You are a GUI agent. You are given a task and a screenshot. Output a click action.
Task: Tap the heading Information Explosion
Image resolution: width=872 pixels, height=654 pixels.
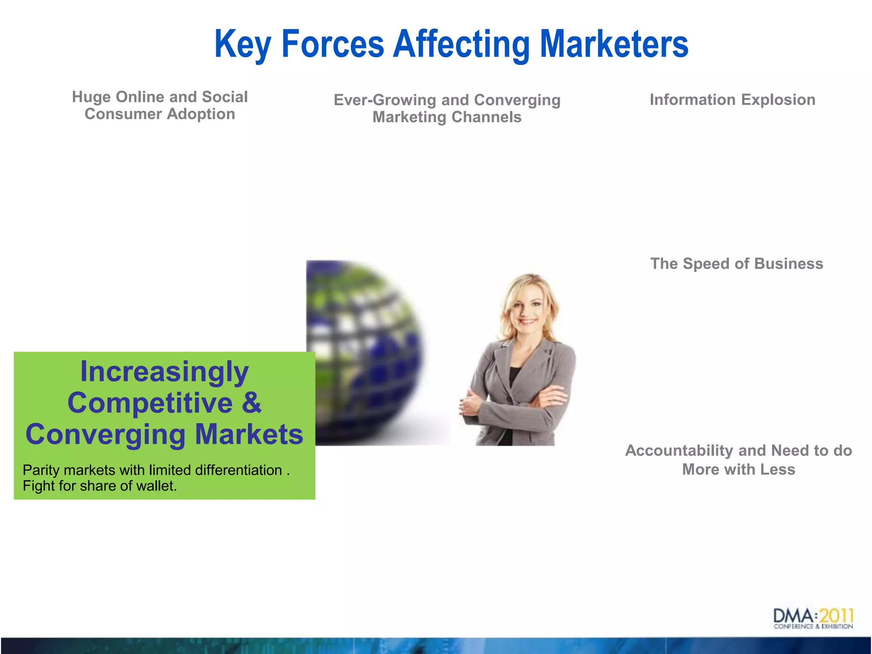[x=732, y=100]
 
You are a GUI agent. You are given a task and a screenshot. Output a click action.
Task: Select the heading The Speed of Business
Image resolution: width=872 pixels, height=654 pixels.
[x=737, y=264]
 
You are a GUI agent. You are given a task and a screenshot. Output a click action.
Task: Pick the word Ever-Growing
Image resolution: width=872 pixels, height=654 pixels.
[x=385, y=100]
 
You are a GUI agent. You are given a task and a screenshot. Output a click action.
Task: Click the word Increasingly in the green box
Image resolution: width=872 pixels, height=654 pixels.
[x=164, y=372]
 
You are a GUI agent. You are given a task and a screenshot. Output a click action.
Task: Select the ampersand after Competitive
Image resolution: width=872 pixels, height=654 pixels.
[x=252, y=403]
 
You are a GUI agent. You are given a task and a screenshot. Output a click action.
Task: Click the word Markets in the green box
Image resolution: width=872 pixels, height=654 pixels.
[x=249, y=434]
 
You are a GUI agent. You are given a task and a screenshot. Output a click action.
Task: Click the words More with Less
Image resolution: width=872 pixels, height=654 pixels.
[x=738, y=470]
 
